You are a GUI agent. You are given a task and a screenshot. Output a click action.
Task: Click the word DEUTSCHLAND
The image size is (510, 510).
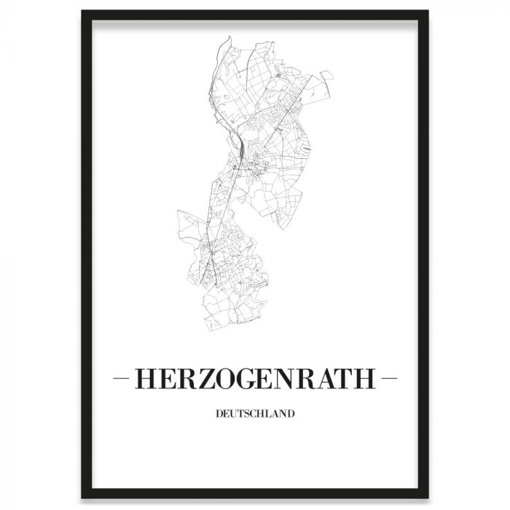[x=255, y=415]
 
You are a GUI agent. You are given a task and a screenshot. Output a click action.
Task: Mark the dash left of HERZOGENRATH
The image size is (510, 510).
[x=123, y=380]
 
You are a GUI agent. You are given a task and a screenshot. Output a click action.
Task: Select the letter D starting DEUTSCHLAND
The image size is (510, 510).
[x=219, y=415]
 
